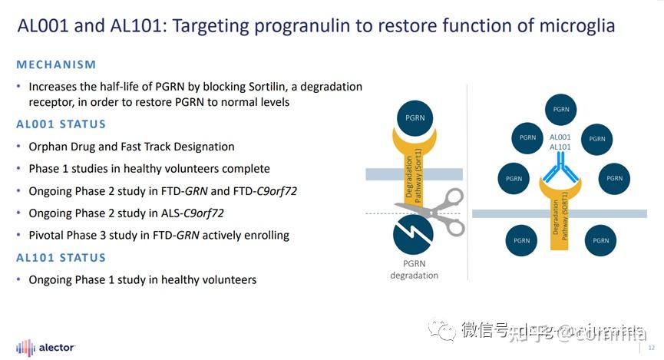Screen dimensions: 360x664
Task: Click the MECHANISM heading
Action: click(x=56, y=64)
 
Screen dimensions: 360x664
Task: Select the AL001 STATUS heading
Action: click(x=61, y=124)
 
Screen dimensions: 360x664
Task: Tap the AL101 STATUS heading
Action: click(x=61, y=258)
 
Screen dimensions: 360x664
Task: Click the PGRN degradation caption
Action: click(x=414, y=270)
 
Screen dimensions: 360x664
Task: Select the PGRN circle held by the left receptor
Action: click(x=413, y=119)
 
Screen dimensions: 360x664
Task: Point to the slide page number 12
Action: click(x=651, y=348)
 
